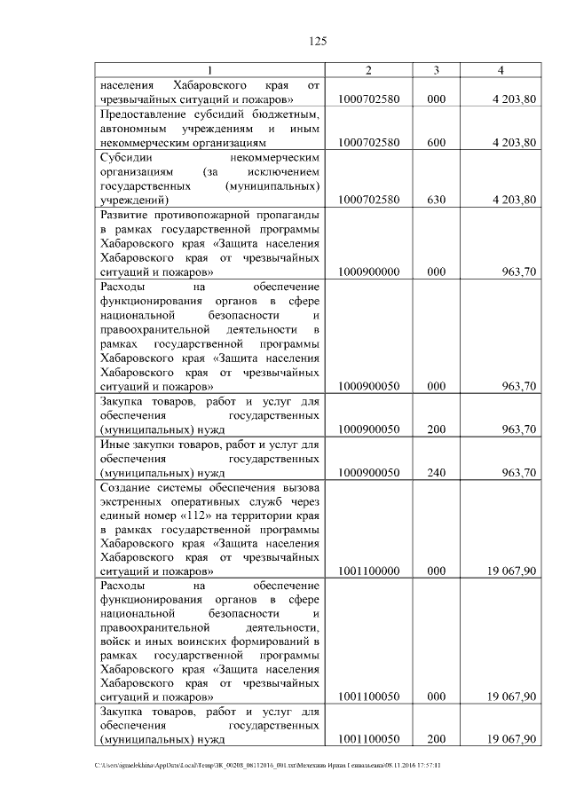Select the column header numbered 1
[209, 70]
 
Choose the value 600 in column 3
[436, 142]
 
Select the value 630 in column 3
[436, 200]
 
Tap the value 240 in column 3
[436, 473]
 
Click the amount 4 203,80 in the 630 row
[514, 200]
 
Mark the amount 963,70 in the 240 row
[518, 473]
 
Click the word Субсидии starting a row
[127, 156]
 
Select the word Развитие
[130, 215]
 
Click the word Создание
[130, 486]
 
